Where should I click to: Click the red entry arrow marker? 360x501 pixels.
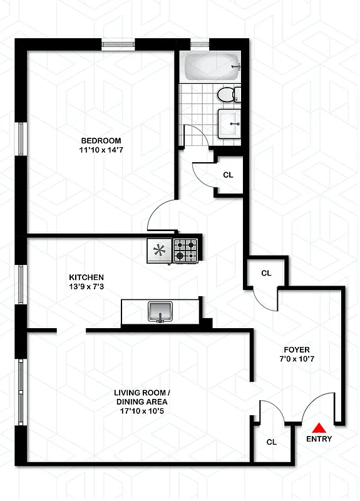[319, 428]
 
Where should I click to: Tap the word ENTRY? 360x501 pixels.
[319, 440]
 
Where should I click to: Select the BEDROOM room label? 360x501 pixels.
[101, 140]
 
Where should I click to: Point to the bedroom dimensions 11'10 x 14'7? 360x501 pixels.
[101, 150]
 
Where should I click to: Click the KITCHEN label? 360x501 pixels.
[86, 277]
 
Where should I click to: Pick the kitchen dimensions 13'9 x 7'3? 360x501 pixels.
[86, 287]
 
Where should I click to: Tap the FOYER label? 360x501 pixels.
[297, 349]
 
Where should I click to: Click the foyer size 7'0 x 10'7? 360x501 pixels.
[297, 359]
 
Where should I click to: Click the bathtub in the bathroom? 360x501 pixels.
[212, 66]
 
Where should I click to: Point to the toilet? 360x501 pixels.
[227, 95]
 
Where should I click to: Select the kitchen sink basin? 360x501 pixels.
[160, 311]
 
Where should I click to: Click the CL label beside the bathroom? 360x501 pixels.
[228, 175]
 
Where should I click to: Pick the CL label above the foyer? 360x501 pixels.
[266, 273]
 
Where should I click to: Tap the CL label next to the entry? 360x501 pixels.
[272, 442]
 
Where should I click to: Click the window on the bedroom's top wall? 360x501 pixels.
[119, 44]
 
